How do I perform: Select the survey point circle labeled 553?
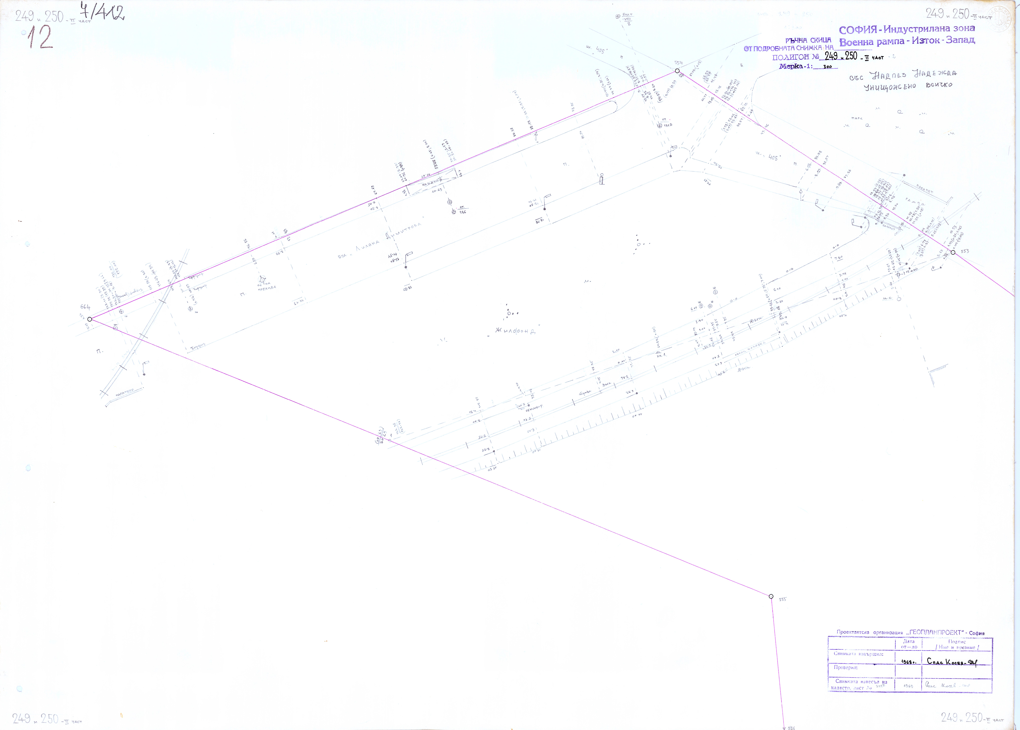click(x=953, y=253)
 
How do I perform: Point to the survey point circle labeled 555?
click(x=771, y=596)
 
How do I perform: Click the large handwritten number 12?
click(x=40, y=38)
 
